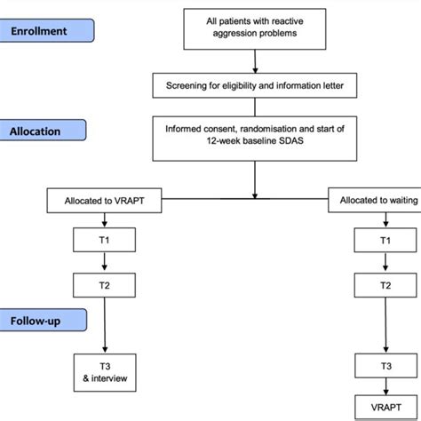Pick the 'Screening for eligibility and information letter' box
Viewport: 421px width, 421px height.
click(x=256, y=87)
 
